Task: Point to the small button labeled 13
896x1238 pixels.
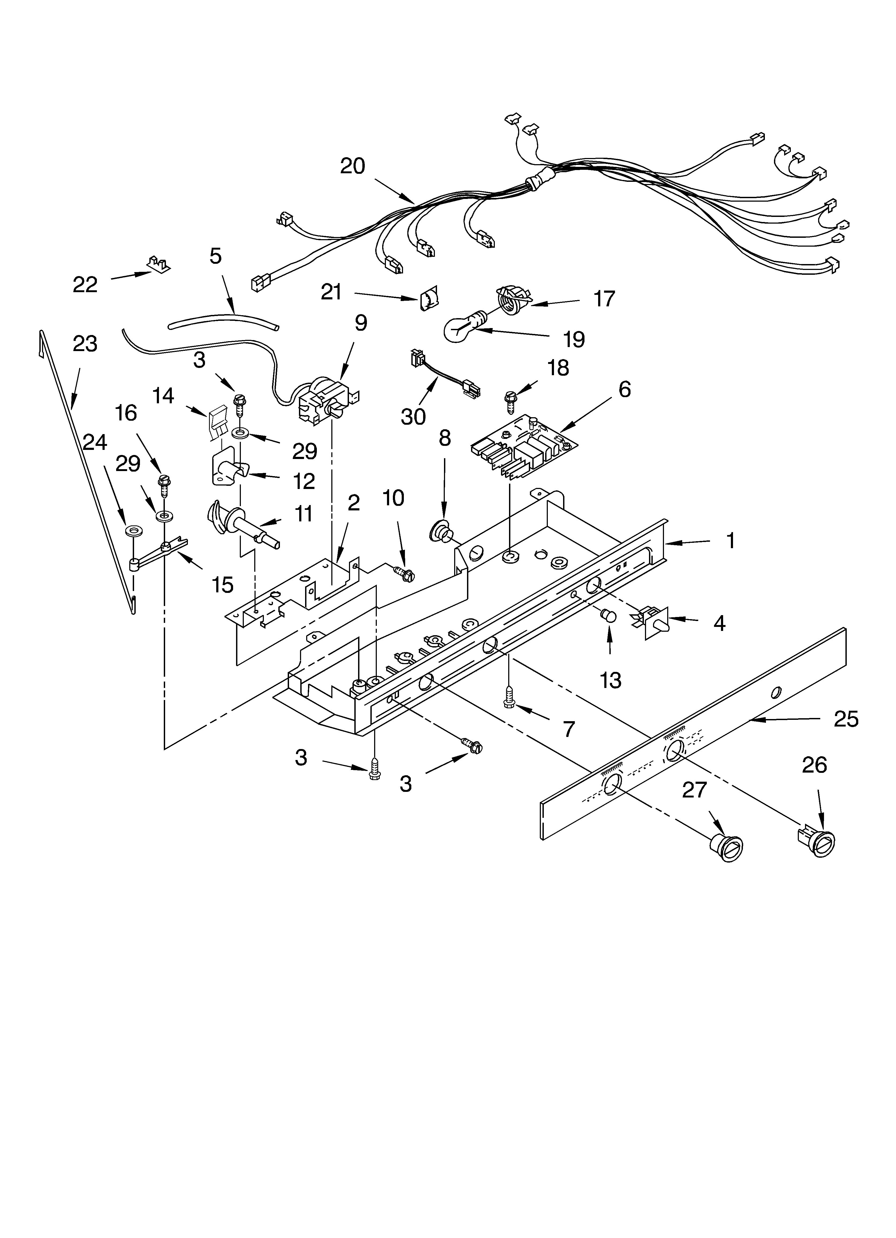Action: click(x=608, y=616)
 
